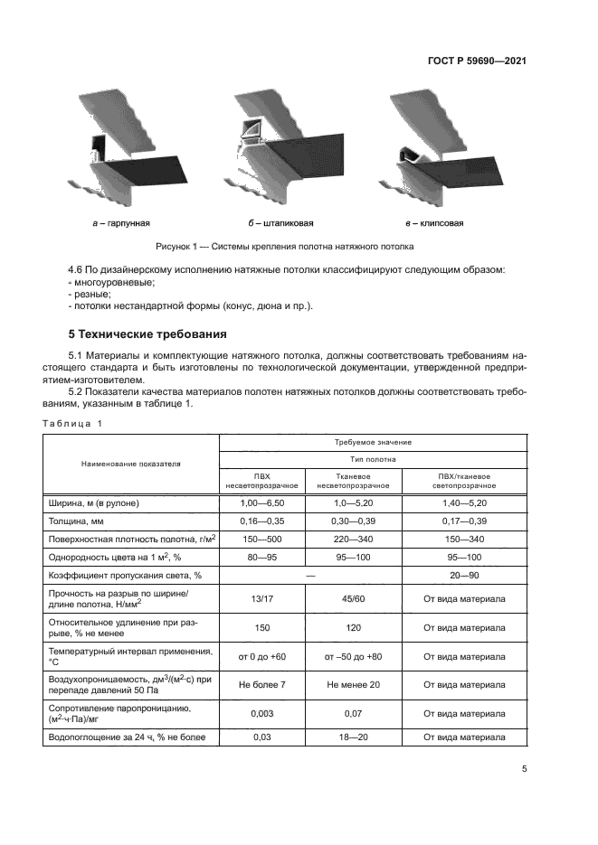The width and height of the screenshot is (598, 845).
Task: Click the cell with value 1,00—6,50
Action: click(262, 502)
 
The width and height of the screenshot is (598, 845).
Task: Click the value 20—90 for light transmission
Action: click(464, 574)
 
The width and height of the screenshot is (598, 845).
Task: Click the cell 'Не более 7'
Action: click(262, 684)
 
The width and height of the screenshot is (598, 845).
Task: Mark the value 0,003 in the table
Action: click(262, 714)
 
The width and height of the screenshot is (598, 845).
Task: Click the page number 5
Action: click(524, 770)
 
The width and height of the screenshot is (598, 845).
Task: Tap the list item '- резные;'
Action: click(90, 294)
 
